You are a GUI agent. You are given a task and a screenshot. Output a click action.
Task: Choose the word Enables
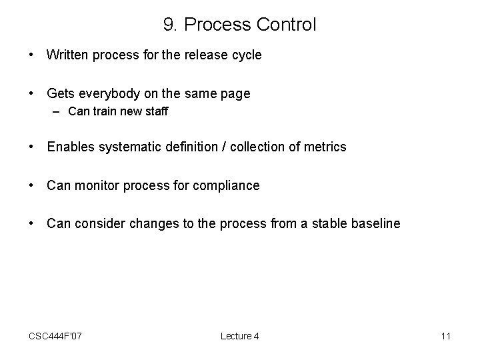tap(71, 147)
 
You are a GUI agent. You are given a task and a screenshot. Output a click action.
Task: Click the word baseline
tap(376, 224)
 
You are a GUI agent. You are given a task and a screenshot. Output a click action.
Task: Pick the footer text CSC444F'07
tap(56, 336)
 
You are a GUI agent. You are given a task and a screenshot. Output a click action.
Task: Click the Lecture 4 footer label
tap(240, 336)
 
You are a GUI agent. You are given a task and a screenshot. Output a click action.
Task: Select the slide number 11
tap(445, 336)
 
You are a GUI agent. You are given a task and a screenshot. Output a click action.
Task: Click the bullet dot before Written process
tap(31, 55)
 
